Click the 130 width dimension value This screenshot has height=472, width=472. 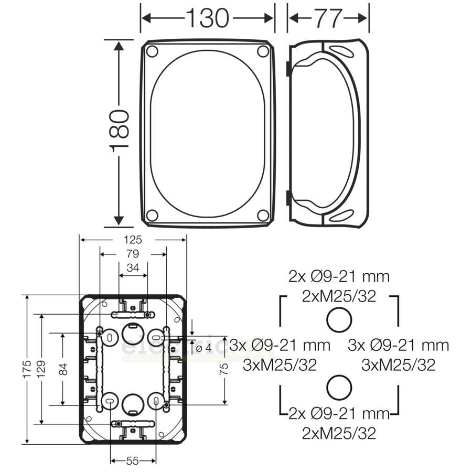tap(208, 18)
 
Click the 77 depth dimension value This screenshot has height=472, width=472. tap(328, 18)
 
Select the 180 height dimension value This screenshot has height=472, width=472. tap(119, 131)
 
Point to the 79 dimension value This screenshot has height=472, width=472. tap(133, 254)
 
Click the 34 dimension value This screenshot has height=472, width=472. tap(133, 269)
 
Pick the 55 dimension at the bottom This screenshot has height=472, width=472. tap(132, 461)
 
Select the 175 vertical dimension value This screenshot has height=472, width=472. tap(27, 370)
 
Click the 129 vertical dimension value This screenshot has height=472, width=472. tap(41, 370)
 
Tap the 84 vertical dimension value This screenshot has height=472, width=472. tap(63, 370)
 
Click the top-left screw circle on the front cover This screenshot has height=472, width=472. tap(152, 51)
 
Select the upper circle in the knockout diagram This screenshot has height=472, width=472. tap(339, 319)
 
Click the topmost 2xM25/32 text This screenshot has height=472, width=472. tap(339, 296)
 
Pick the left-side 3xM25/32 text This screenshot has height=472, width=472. tap(280, 365)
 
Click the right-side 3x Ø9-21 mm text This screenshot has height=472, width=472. tap(399, 345)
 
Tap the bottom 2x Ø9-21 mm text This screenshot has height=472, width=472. tap(339, 414)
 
